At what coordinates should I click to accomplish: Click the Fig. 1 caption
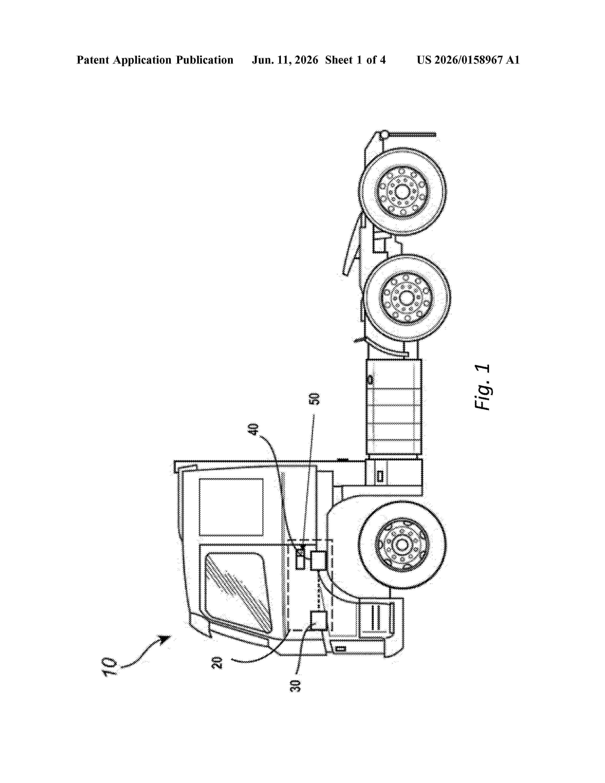[x=482, y=387]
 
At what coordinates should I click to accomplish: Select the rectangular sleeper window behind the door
[x=231, y=507]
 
